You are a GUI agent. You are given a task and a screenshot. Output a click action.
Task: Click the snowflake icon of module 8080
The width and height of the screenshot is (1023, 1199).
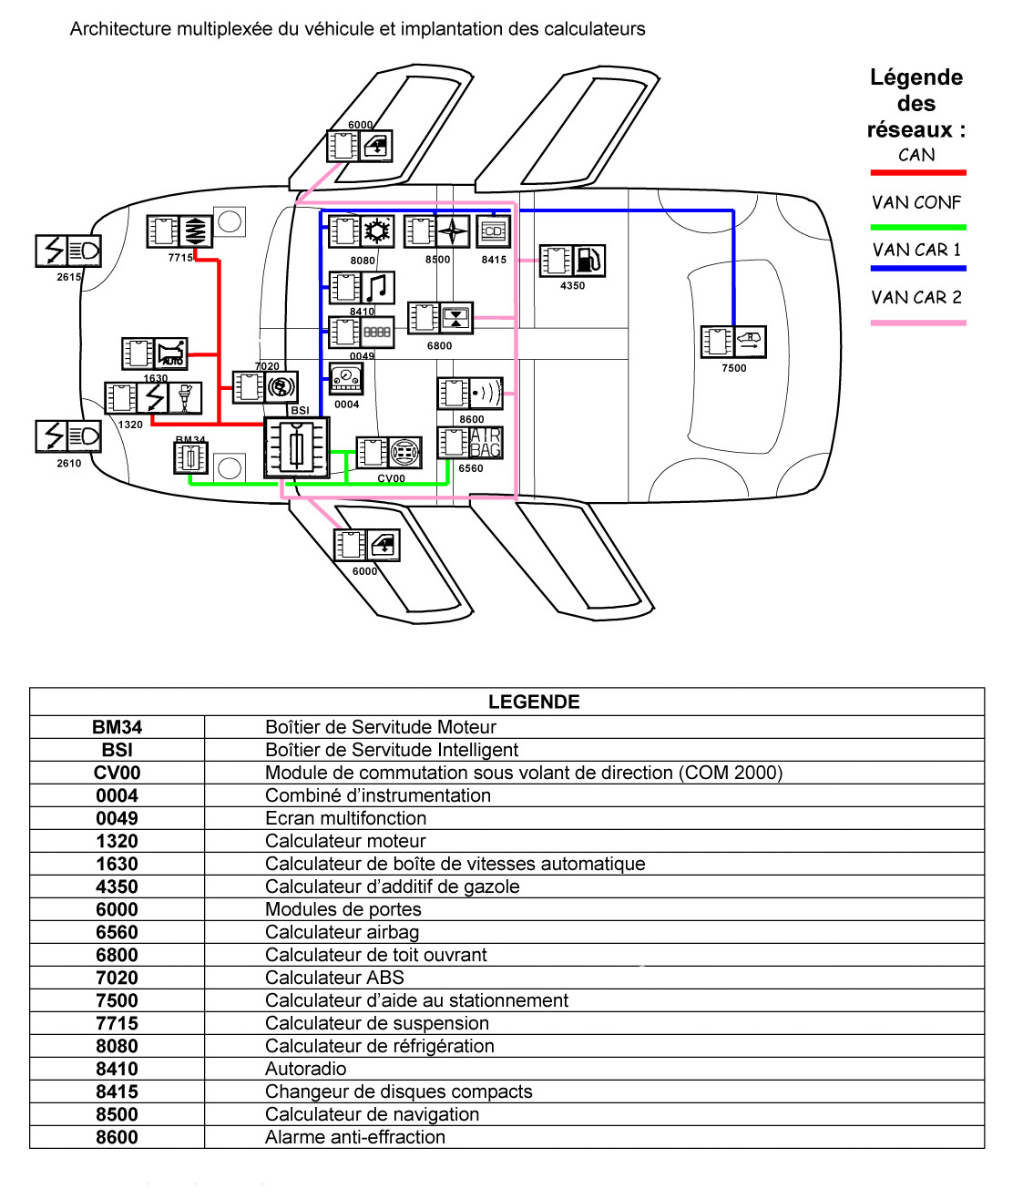(x=376, y=231)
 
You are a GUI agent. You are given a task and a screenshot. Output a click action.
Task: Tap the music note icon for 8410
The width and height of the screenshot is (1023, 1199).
(x=378, y=288)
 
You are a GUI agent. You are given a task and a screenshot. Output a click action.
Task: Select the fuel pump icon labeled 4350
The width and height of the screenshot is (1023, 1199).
(x=588, y=261)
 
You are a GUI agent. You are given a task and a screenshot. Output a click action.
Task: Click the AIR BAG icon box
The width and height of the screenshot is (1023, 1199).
(x=486, y=443)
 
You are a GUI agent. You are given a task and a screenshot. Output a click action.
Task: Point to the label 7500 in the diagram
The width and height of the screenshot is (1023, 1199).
(x=733, y=368)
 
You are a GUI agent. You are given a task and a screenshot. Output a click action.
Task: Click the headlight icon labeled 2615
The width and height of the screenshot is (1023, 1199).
(x=85, y=251)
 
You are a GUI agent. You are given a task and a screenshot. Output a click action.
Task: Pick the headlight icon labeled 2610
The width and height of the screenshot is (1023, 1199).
(x=85, y=436)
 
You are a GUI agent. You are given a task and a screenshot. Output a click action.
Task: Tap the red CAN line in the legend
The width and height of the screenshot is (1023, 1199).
(x=917, y=172)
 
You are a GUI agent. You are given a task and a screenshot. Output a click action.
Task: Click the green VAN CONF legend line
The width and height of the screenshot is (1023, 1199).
(x=917, y=227)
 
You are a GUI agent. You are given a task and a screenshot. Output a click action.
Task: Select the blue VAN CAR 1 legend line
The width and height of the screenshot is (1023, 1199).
(x=917, y=268)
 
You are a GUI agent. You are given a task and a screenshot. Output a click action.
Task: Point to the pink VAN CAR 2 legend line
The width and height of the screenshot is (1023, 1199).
(x=917, y=323)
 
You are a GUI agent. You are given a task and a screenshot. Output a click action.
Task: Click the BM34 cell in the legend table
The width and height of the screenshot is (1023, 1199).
(x=118, y=727)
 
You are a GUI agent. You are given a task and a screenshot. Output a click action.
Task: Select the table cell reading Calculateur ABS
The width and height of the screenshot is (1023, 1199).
(x=334, y=978)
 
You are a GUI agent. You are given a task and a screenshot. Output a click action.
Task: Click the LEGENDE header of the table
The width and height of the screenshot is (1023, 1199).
(x=534, y=702)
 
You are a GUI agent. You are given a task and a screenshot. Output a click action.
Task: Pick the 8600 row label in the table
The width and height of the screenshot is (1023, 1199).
(x=118, y=1137)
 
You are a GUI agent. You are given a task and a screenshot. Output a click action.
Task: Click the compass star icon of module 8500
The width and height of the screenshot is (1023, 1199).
(x=453, y=231)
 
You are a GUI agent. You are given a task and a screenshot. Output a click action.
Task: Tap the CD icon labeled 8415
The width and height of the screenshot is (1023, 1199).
(x=493, y=231)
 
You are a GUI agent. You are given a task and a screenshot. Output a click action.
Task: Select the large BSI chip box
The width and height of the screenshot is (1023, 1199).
(x=296, y=447)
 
